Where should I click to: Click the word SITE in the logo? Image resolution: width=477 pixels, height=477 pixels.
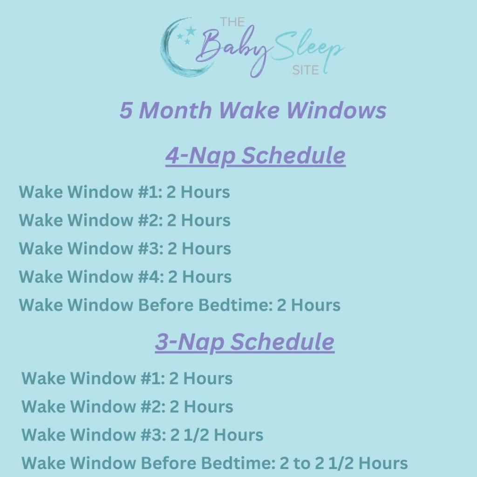coord(305,70)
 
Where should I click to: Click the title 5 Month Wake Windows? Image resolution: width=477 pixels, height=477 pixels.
coord(253,111)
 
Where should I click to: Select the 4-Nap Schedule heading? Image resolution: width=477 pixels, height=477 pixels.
coord(255,156)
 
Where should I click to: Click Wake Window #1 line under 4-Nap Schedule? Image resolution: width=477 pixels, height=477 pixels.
coord(124,192)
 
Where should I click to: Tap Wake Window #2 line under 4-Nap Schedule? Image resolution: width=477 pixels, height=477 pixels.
coord(124,220)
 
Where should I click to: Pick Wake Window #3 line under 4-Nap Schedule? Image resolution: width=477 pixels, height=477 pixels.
coord(125,248)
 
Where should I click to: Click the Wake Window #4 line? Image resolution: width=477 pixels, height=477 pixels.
coord(125,277)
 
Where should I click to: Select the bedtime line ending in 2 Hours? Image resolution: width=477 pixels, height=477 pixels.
coord(179,305)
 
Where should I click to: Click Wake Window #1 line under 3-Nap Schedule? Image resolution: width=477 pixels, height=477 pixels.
coord(127,378)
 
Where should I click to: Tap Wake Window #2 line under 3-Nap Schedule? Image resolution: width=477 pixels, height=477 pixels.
coord(127,407)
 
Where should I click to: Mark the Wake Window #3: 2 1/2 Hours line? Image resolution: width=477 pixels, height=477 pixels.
coord(142,435)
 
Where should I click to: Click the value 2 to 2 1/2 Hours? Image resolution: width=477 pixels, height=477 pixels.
coord(343,463)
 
